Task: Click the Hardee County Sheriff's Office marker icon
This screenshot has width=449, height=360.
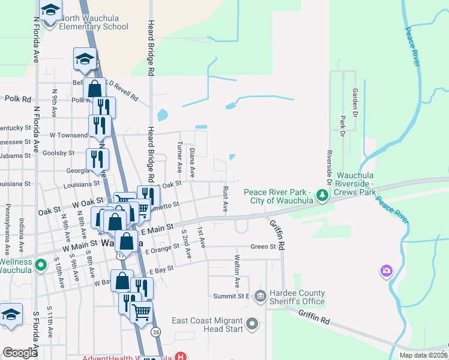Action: tap(260, 295)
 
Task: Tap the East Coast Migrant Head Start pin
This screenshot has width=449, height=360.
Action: tap(252, 325)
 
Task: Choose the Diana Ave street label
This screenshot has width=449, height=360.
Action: tap(193, 163)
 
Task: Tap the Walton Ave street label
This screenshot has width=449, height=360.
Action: tap(237, 273)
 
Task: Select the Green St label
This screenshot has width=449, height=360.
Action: tap(263, 246)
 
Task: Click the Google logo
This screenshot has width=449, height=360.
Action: tap(20, 352)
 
